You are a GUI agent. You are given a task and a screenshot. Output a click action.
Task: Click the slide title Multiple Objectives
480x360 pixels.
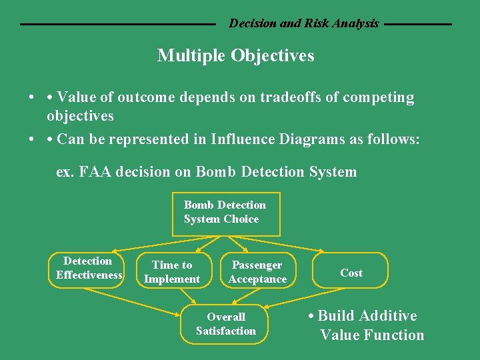pyautogui.click(x=235, y=56)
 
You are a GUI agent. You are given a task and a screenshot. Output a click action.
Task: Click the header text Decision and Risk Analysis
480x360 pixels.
pyautogui.click(x=303, y=23)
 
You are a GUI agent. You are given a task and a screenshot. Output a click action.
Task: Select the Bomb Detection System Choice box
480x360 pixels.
pyautogui.click(x=226, y=213)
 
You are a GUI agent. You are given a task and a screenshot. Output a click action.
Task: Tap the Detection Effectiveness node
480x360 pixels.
pyautogui.click(x=87, y=269)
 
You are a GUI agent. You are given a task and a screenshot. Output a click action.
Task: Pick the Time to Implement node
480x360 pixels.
pyautogui.click(x=172, y=272)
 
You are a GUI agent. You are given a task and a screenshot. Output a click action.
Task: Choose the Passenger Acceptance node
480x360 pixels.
pyautogui.click(x=257, y=272)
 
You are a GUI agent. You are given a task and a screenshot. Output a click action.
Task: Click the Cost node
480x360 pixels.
pyautogui.click(x=351, y=272)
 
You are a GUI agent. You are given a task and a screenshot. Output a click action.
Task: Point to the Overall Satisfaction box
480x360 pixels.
pyautogui.click(x=226, y=324)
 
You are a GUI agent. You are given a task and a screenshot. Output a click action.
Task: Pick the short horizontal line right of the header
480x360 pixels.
pyautogui.click(x=418, y=24)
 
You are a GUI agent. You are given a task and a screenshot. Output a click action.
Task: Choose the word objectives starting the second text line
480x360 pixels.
pyautogui.click(x=80, y=116)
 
